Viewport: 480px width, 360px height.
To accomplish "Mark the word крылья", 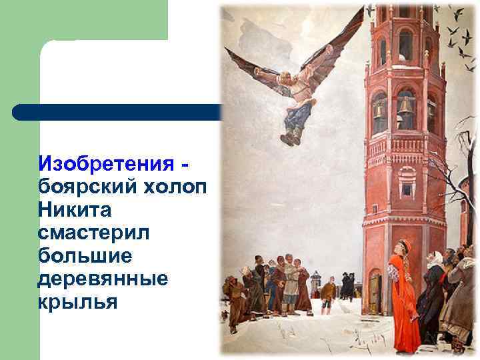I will tap(78, 303).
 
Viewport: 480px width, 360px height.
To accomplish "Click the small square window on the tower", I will tap(406, 189).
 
